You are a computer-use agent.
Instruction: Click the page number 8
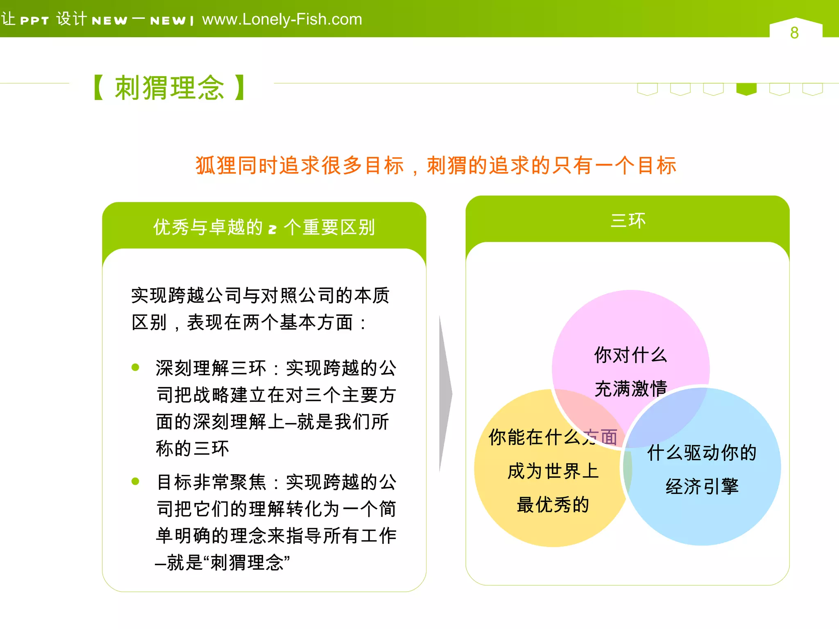(x=794, y=33)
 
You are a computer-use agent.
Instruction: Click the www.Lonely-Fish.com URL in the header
(x=282, y=19)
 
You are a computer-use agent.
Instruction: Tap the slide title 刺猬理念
(x=169, y=88)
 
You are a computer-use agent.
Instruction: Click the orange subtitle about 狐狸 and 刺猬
(x=435, y=166)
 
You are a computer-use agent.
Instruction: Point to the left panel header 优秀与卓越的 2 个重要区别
(x=264, y=227)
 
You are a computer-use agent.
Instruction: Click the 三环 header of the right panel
(x=627, y=221)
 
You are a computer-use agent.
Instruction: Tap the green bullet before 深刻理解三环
(x=136, y=367)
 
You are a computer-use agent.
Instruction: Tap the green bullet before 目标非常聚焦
(x=136, y=481)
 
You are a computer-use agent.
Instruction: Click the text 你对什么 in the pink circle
(x=630, y=355)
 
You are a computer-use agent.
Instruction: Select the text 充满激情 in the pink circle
(x=630, y=388)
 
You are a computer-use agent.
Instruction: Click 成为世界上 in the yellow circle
(x=553, y=471)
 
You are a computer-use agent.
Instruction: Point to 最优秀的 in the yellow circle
(x=553, y=505)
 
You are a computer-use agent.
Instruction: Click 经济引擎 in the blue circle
(x=702, y=486)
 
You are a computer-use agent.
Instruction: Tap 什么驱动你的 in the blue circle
(x=702, y=453)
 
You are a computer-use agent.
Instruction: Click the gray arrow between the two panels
(x=445, y=393)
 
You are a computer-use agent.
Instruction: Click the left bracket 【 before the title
(x=98, y=88)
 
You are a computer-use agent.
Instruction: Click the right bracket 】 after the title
(x=240, y=88)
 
